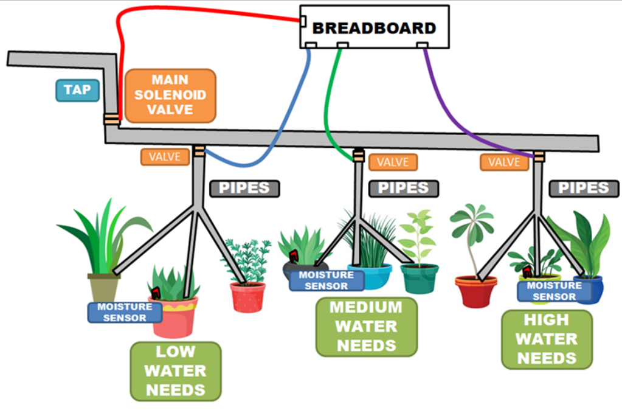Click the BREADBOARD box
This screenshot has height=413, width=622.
click(375, 27)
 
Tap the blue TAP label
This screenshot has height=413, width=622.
click(77, 91)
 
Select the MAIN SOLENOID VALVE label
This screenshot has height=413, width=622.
click(171, 95)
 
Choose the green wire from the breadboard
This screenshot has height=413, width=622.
click(329, 109)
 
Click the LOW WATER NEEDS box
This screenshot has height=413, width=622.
click(176, 370)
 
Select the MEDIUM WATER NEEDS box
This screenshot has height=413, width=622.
click(366, 326)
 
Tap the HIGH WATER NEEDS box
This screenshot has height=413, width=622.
click(547, 339)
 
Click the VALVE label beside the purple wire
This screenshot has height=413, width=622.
click(504, 162)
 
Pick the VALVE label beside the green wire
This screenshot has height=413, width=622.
click(393, 162)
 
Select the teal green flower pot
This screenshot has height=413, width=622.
click(419, 278)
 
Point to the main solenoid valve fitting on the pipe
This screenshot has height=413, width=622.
click(111, 119)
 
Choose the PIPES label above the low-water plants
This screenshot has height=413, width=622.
click(244, 188)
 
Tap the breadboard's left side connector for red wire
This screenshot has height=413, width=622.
click(303, 22)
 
